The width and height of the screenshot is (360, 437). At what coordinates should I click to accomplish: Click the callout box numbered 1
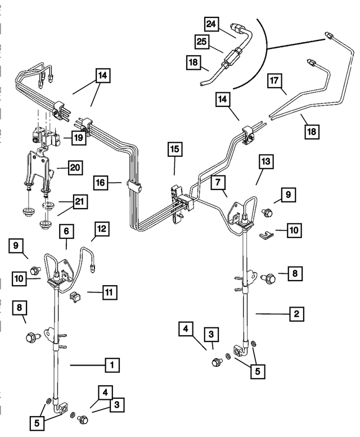point(112,365)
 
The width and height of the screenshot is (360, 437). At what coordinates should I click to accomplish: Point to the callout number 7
point(217,182)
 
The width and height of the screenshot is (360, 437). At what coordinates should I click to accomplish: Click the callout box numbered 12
point(102,229)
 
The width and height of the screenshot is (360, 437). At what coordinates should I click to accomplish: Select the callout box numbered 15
point(174,150)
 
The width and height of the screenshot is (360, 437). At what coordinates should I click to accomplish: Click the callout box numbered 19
point(78,137)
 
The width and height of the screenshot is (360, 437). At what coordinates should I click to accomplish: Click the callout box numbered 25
point(202,41)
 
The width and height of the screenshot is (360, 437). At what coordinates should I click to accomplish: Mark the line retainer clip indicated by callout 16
point(133,185)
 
